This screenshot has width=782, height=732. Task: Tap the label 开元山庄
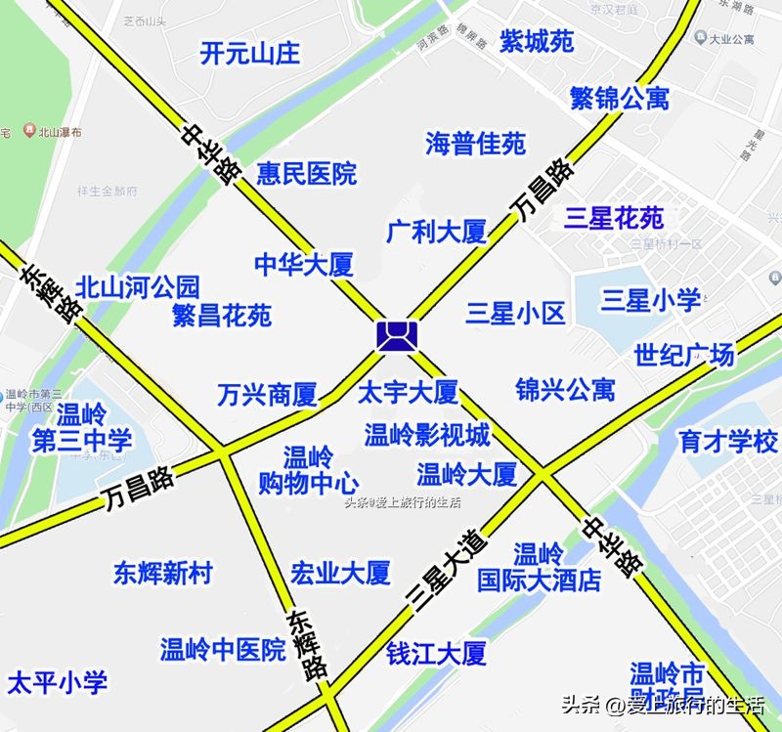pos(249,53)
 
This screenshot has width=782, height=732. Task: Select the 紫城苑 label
pos(537,41)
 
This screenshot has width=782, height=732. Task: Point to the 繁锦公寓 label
pos(620,98)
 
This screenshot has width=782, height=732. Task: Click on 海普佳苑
pos(475,145)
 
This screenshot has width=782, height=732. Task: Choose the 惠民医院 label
pos(306,175)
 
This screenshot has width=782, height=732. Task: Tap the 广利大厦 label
pos(436,233)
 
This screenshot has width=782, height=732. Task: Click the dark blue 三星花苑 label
pos(614,217)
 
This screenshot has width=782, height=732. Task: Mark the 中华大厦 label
pos(303,264)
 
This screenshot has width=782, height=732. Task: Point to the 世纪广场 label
pos(683,355)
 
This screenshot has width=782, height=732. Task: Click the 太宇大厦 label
pos(408,393)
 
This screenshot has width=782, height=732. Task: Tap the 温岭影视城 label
pos(427,435)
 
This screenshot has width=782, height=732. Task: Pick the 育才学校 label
pos(728,441)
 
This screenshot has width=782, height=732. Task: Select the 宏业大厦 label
pos(340,572)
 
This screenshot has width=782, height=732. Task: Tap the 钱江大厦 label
pos(436,653)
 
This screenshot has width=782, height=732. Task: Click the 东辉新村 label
pos(162,574)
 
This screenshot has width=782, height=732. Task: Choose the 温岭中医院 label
pos(223,649)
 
